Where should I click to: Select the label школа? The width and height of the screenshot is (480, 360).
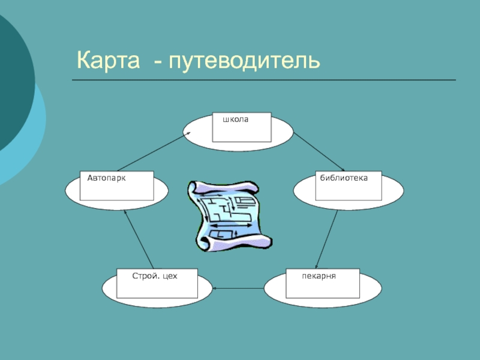point(235,119)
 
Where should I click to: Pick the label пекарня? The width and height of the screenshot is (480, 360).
point(319,277)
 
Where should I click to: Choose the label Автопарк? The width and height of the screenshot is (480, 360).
point(106,178)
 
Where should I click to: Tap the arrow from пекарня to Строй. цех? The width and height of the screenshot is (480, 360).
point(238,289)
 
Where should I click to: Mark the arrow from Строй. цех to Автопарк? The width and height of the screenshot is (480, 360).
point(139,239)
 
